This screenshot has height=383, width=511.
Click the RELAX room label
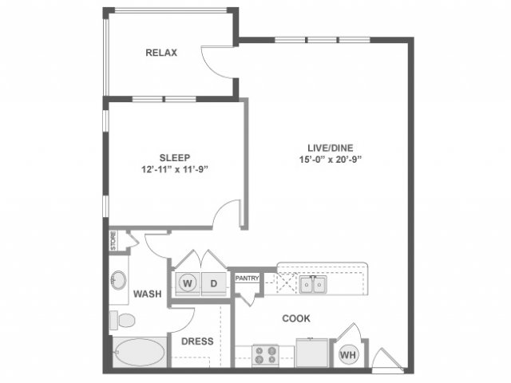click(x=161, y=53)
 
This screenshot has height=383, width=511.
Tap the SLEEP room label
click(x=175, y=158)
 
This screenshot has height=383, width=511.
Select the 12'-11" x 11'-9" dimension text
click(x=175, y=170)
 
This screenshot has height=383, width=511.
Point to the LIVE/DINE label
click(x=330, y=148)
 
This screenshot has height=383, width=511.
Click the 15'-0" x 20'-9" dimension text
click(x=331, y=160)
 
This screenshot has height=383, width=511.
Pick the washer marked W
click(x=188, y=283)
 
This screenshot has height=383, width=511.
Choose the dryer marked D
click(x=214, y=283)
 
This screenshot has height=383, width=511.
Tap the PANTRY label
click(x=247, y=278)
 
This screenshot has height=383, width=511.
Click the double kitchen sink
click(x=313, y=284)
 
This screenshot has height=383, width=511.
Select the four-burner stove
click(x=266, y=355)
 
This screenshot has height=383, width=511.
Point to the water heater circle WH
click(x=348, y=354)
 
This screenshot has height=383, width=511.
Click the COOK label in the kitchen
click(x=296, y=318)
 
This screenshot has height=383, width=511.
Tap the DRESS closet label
click(x=197, y=342)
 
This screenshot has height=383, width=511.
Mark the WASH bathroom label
click(x=147, y=294)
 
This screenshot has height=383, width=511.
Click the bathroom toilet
click(x=122, y=321)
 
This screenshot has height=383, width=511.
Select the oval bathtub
click(x=139, y=353)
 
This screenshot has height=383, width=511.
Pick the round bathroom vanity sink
click(x=119, y=280)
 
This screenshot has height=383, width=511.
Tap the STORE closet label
click(x=113, y=241)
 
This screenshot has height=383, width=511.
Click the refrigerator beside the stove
click(x=312, y=353)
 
